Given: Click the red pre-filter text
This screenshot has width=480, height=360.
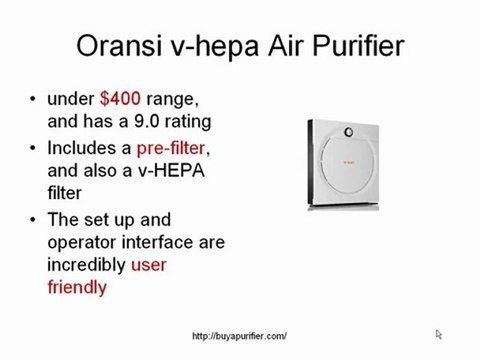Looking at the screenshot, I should coord(173,149).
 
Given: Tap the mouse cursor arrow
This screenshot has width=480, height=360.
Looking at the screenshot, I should coord(439,334).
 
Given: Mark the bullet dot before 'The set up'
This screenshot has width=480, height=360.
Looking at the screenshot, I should coord(36,218).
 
